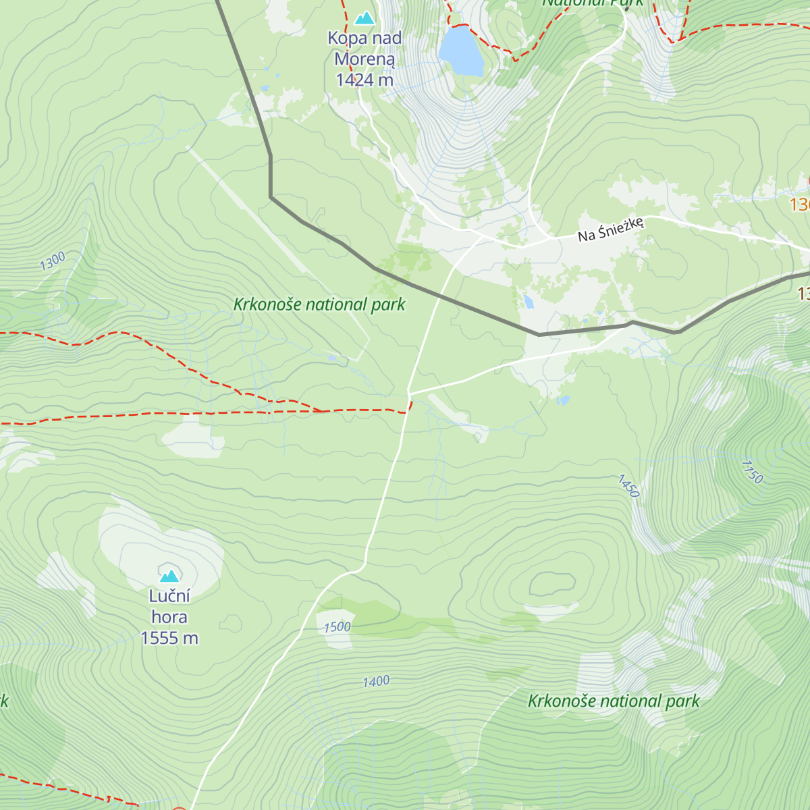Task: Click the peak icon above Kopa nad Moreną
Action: [364, 18]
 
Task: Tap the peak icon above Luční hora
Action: [169, 575]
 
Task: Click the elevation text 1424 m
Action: [364, 80]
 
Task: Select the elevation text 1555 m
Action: [169, 638]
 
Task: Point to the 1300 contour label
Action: [53, 261]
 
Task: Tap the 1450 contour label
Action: [628, 486]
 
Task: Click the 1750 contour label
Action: [751, 472]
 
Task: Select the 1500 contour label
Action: [337, 627]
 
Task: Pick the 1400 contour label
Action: [376, 682]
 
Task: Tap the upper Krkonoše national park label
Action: [319, 304]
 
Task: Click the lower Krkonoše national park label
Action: [614, 701]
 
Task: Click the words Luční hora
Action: [169, 606]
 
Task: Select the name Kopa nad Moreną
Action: [364, 49]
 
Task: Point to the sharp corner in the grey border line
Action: [271, 197]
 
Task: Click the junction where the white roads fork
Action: [409, 392]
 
